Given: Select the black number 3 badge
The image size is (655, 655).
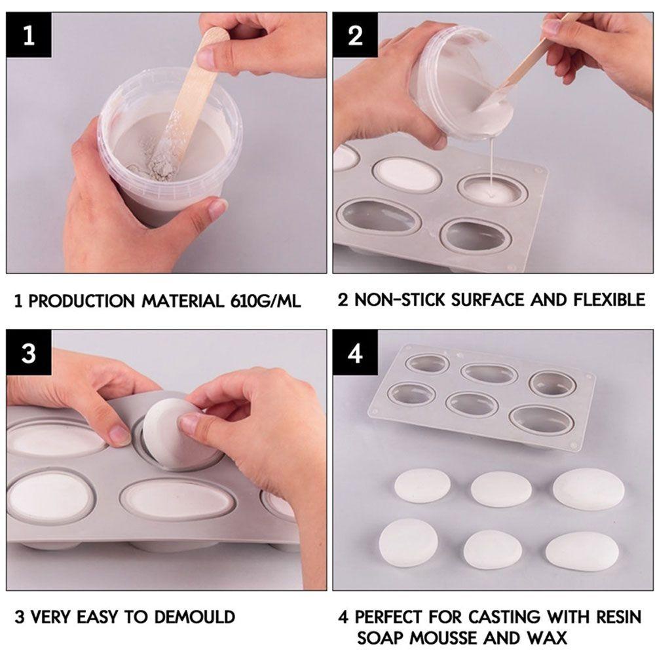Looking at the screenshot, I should (x=28, y=354).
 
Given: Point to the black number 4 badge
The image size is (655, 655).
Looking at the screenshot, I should (x=356, y=354).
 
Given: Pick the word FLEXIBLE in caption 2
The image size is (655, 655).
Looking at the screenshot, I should (x=608, y=300).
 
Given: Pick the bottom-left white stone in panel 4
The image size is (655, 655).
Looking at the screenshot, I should (x=409, y=540).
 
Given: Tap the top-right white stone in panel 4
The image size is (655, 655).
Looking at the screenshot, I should (x=588, y=488).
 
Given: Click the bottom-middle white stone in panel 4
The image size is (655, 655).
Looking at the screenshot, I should (x=493, y=548).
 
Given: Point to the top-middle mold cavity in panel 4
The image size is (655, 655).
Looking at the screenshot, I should (x=489, y=374).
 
